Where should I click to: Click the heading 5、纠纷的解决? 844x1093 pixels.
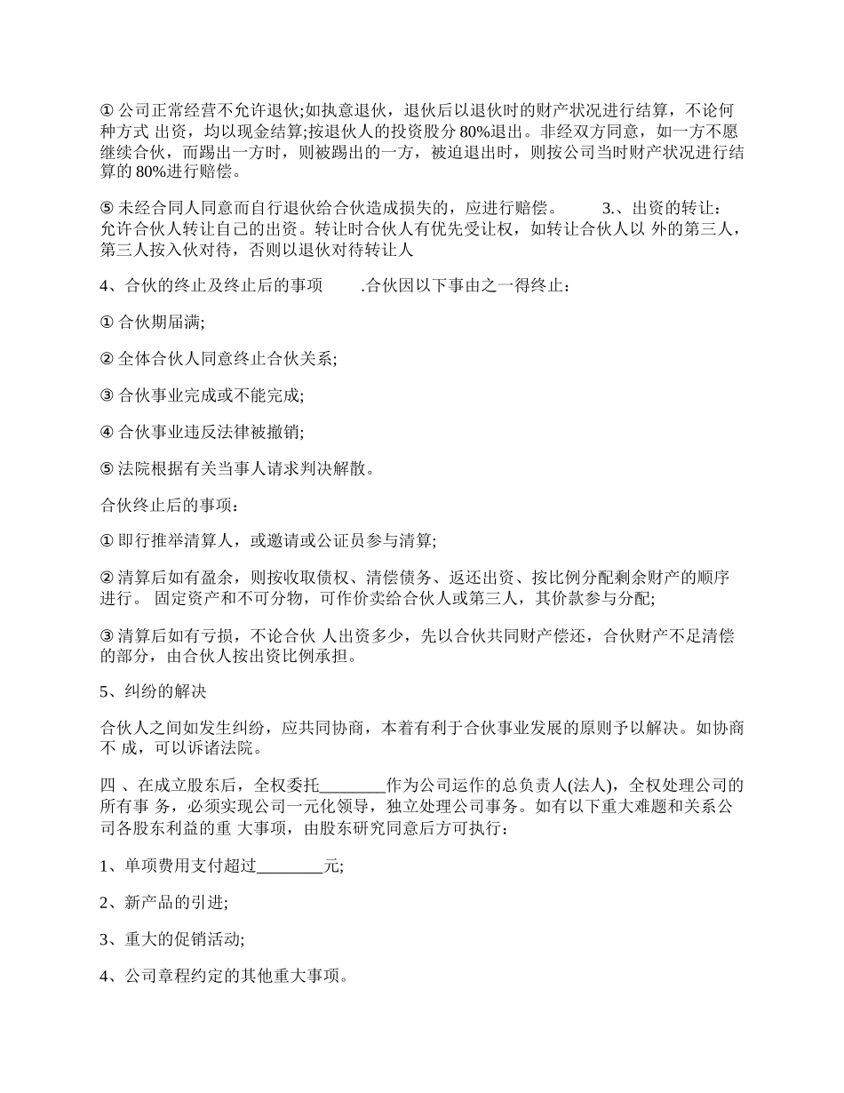153,690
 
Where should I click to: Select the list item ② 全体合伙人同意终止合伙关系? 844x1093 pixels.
218,359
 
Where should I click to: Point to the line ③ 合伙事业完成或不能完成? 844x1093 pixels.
202,395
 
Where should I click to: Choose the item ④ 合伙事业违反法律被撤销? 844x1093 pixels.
202,432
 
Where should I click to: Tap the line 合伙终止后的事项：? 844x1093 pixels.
169,505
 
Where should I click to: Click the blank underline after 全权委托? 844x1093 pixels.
352,786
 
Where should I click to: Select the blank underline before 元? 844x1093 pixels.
291,866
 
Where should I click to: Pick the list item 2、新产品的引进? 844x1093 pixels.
163,903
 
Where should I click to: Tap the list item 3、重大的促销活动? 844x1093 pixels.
171,939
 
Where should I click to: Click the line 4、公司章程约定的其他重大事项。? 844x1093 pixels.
223,976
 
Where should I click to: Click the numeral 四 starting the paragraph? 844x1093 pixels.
107,786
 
